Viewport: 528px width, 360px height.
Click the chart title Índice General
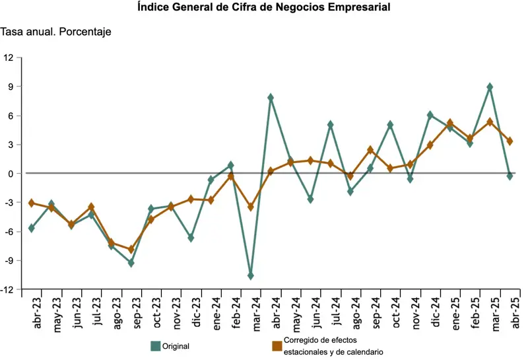(x=264, y=8)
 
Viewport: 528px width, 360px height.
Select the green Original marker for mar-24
(x=251, y=275)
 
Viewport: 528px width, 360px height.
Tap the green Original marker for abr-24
(x=271, y=98)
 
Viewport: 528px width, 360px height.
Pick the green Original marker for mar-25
(x=490, y=87)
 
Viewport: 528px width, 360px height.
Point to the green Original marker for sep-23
(x=131, y=263)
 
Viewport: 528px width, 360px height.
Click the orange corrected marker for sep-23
(x=131, y=249)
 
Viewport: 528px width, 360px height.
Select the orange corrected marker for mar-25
(x=490, y=122)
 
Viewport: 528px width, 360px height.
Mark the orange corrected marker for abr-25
(x=510, y=141)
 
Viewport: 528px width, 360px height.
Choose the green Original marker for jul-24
(x=331, y=124)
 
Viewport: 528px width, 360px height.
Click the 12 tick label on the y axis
(x=9, y=57)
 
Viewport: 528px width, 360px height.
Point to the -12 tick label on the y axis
(x=7, y=289)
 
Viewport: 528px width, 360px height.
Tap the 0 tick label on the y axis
(x=11, y=174)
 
